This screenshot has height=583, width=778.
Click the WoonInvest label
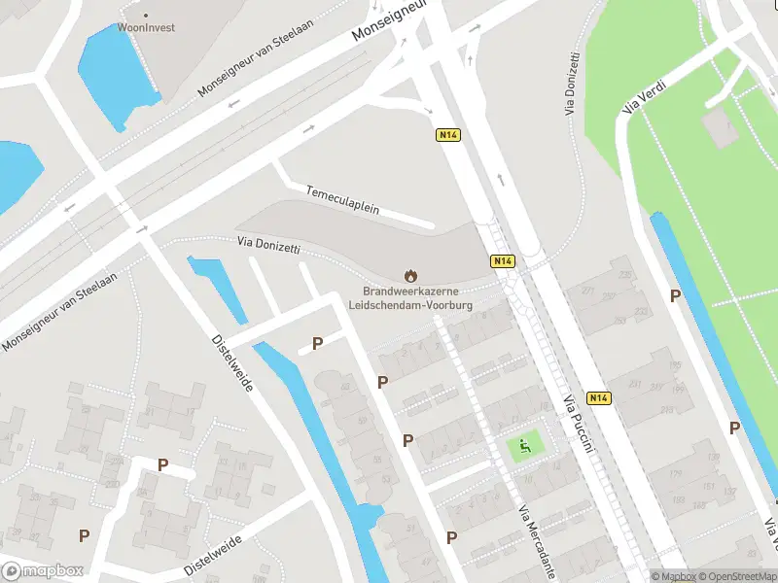pyautogui.click(x=147, y=28)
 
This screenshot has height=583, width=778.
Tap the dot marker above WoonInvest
pyautogui.click(x=147, y=15)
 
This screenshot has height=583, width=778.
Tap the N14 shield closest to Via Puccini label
pyautogui.click(x=599, y=398)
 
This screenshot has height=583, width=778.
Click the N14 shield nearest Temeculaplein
pyautogui.click(x=446, y=136)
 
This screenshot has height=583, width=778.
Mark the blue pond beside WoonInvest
pyautogui.click(x=114, y=73)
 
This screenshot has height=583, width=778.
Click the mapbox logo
pyautogui.click(x=43, y=571)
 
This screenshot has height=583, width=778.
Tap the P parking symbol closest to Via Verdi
pyautogui.click(x=675, y=294)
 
